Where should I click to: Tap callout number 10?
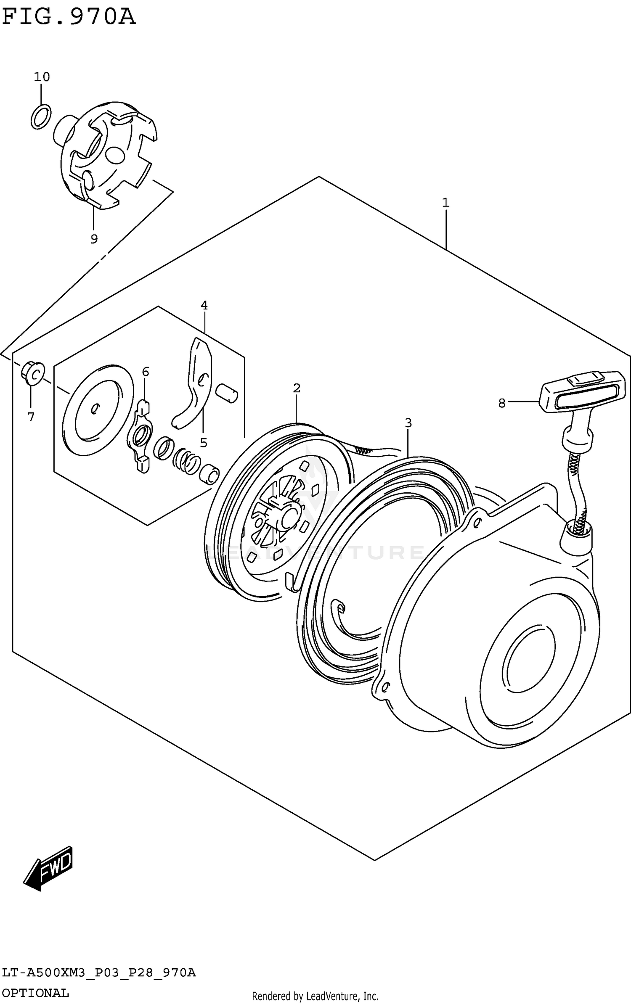point(42,77)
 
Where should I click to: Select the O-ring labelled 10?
point(41,116)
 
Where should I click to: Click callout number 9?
point(94,239)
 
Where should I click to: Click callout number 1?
point(445,203)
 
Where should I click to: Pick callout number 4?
point(204,305)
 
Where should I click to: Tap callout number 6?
point(145,372)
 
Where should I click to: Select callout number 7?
point(31,417)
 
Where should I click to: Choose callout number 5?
point(204,442)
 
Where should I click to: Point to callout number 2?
point(297,388)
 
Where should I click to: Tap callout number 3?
point(408,423)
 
